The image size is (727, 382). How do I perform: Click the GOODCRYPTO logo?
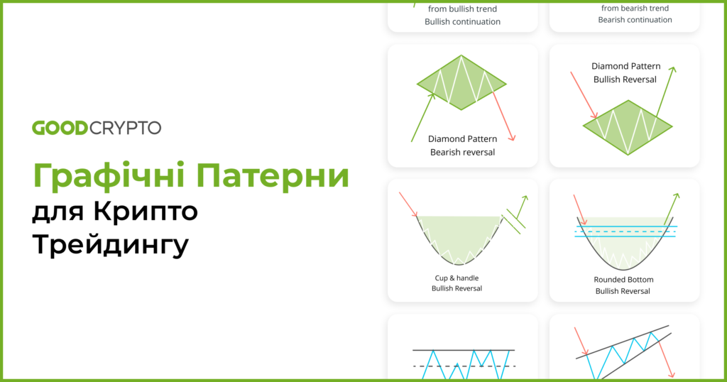click(97, 128)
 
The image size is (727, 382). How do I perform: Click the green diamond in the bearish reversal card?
click(462, 82)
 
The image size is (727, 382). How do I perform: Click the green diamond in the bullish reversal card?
click(628, 127)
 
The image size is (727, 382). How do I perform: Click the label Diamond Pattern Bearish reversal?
click(462, 146)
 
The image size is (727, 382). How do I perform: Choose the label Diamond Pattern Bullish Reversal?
click(625, 72)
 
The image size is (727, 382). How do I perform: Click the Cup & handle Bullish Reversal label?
click(457, 283)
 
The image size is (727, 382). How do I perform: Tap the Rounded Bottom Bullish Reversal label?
click(624, 285)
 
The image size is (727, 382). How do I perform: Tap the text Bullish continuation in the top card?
click(462, 21)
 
